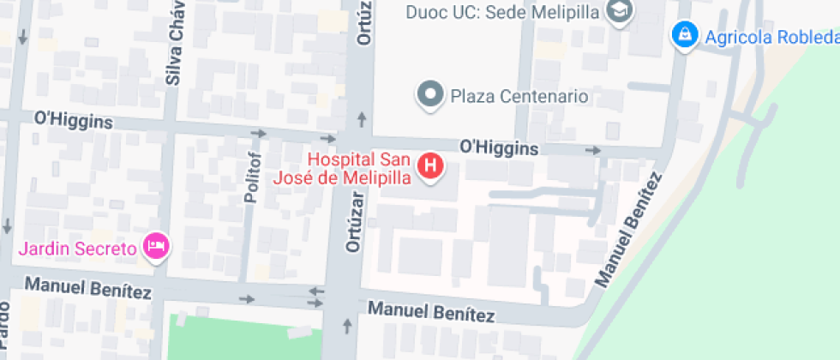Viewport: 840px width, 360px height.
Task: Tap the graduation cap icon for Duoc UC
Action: click(617, 11)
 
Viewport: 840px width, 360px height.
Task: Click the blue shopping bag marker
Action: click(683, 35)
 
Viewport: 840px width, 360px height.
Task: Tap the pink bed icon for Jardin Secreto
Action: click(157, 247)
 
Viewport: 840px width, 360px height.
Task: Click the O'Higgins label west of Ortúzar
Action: click(73, 121)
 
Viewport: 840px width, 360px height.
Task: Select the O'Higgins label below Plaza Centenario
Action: click(499, 148)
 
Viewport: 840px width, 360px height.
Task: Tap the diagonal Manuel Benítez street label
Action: click(629, 230)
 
